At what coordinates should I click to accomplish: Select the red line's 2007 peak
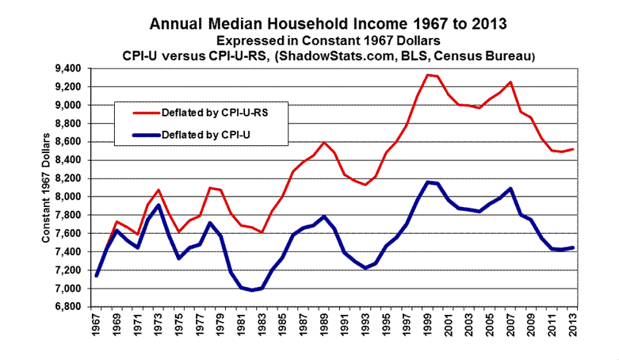tap(512, 82)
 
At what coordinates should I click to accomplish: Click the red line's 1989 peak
tap(324, 143)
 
